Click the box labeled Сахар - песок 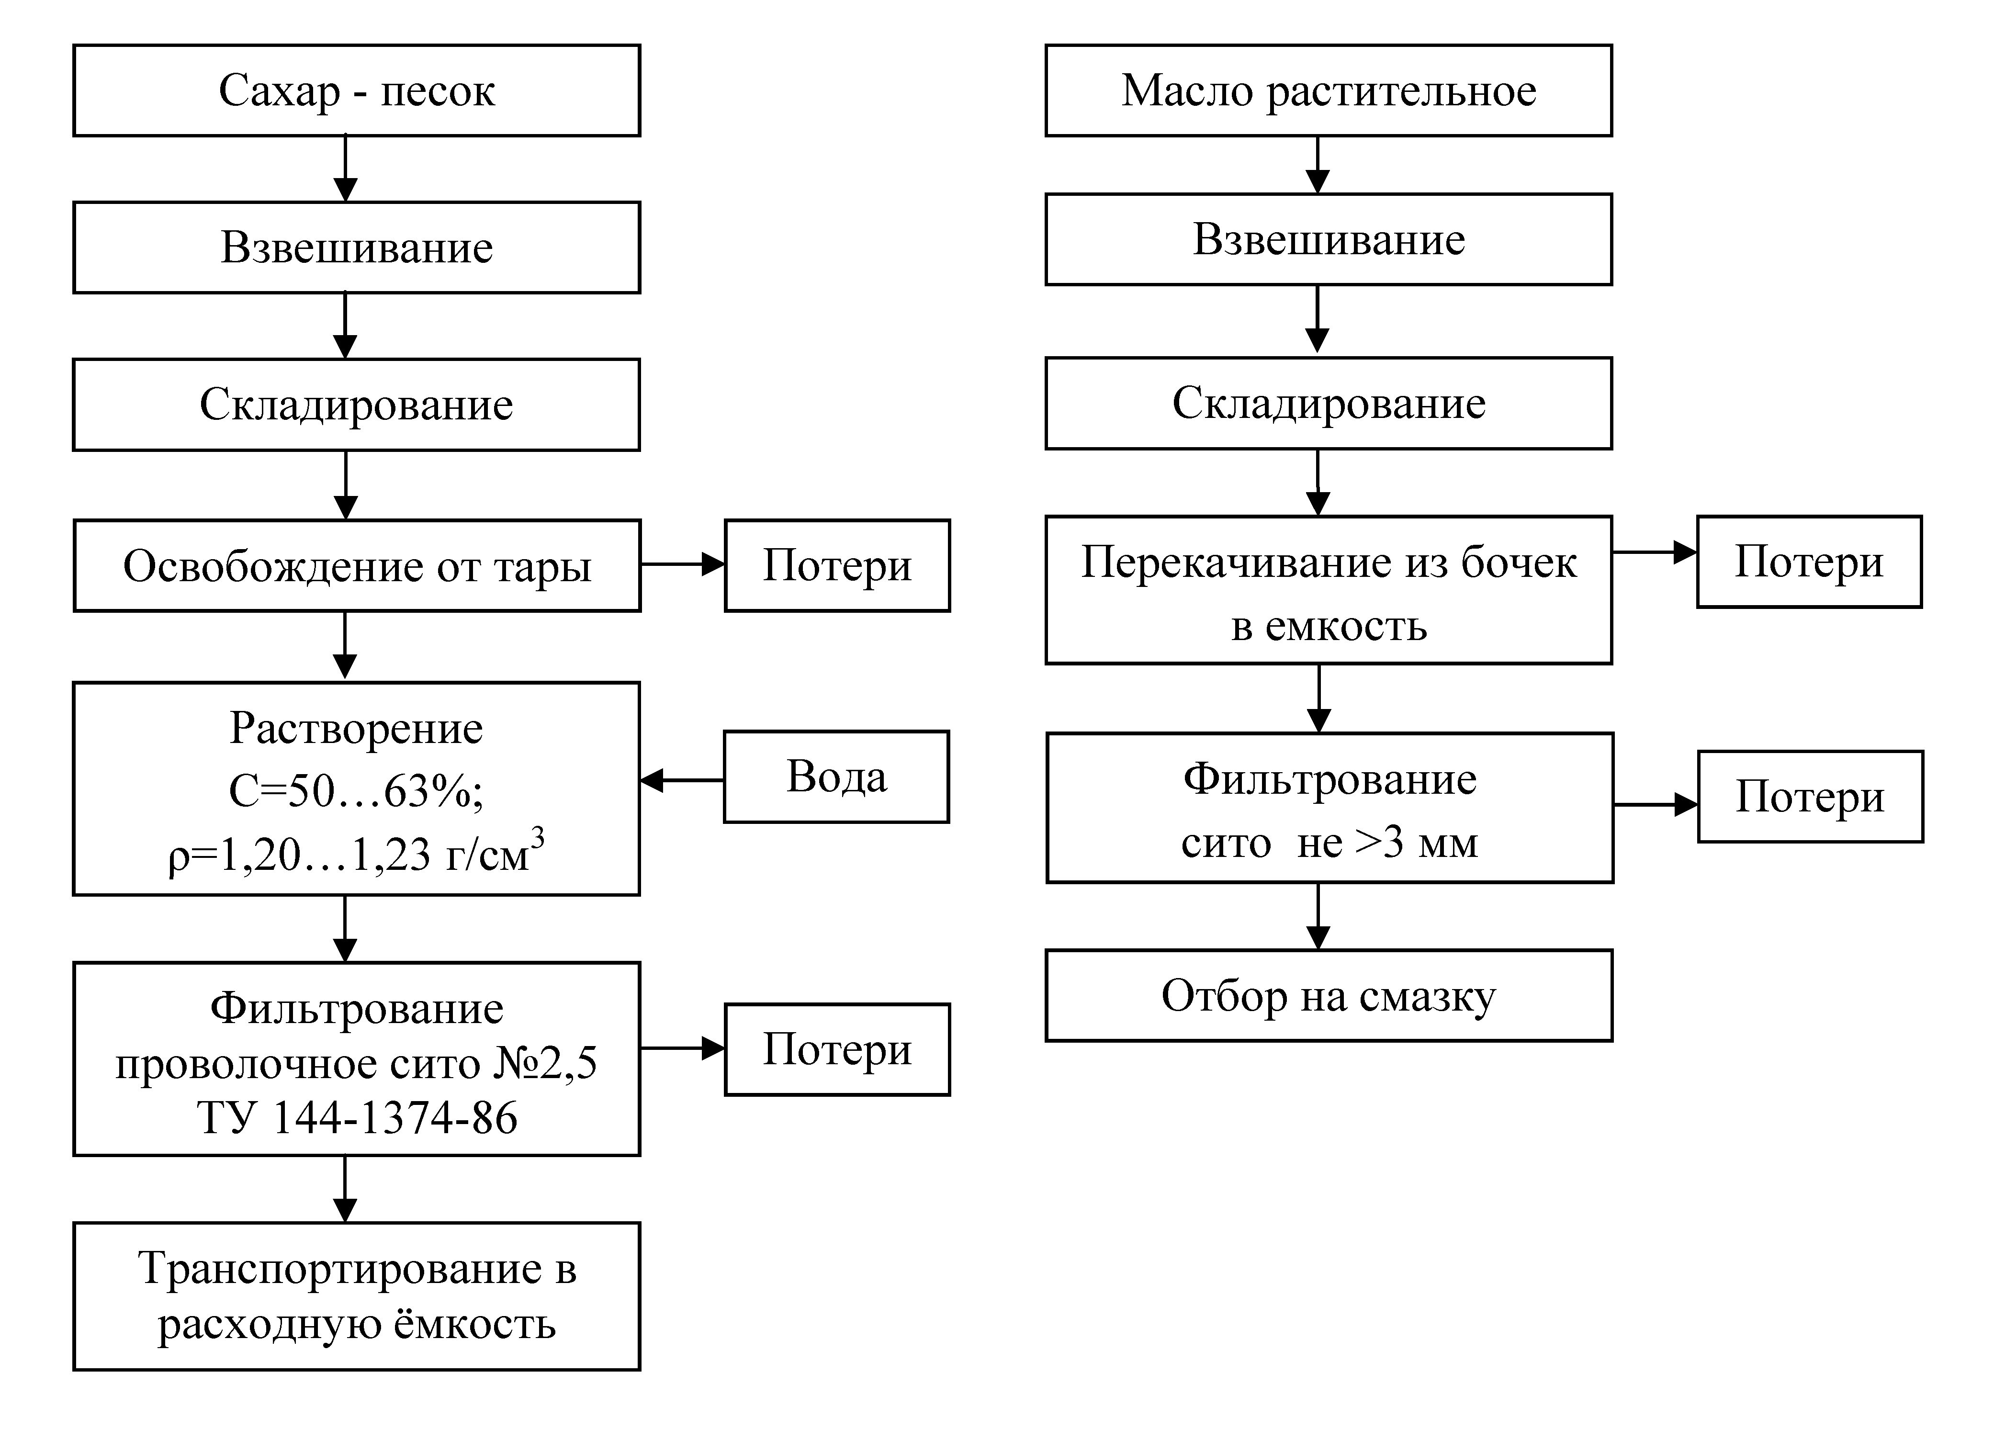[356, 90]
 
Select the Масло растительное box [1329, 90]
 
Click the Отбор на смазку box [1329, 996]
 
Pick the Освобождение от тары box [356, 565]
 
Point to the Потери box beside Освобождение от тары [837, 565]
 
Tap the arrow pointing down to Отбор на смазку [1318, 916]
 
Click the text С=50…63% [356, 791]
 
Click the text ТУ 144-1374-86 [357, 1118]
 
